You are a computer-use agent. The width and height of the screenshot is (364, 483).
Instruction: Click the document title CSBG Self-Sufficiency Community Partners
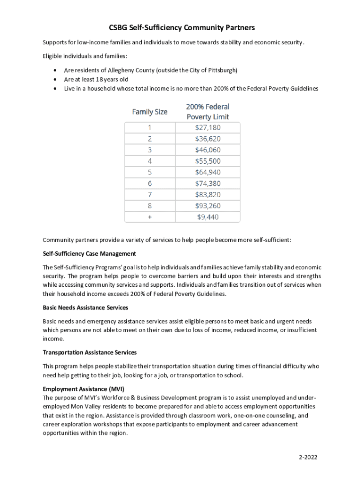182,27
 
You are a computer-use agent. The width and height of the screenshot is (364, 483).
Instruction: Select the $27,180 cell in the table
208,128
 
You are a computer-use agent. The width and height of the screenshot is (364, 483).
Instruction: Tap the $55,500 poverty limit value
208,161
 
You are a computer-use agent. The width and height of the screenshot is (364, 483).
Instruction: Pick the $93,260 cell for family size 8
208,206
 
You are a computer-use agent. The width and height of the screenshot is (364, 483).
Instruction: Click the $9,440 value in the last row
208,217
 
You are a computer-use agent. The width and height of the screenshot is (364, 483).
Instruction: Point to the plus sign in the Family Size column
149,217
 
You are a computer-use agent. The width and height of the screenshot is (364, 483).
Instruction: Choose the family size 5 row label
149,173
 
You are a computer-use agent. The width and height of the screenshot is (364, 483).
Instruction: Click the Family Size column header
149,112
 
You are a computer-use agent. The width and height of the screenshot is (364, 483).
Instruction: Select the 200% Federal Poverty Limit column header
208,112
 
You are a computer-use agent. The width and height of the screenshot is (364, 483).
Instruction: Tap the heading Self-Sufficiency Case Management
89,254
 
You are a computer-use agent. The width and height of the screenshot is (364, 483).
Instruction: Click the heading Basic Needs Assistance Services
85,308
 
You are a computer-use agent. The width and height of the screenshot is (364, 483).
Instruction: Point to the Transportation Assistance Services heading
89,352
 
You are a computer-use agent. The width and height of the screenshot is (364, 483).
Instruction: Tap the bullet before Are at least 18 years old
56,80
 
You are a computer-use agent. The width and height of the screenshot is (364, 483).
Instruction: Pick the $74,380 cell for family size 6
208,184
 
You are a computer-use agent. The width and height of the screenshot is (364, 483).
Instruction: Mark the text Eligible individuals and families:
85,56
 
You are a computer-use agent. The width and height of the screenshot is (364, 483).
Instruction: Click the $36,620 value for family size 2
208,139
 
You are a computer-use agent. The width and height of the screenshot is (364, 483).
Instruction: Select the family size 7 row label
149,195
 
